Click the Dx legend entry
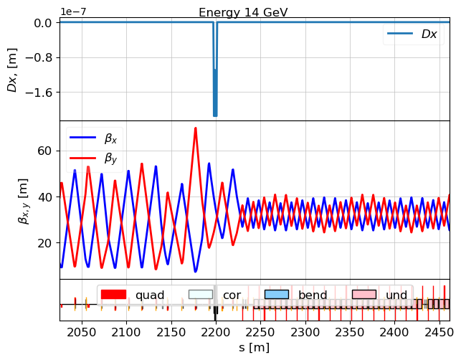coord(429,34)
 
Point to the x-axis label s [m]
coord(254,348)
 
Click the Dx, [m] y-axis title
coord(12,70)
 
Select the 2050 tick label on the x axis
coord(82,333)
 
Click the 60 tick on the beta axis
coord(44,151)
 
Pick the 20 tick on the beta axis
coord(44,242)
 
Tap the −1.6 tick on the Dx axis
coord(39,93)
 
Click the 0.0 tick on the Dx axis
coord(42,22)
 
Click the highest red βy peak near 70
coord(195,128)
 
